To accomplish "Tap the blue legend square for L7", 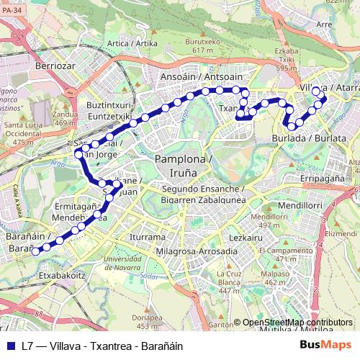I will click(x=9, y=346).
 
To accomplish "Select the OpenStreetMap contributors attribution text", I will click(x=296, y=322).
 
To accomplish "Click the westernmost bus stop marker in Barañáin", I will click(x=36, y=251).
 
